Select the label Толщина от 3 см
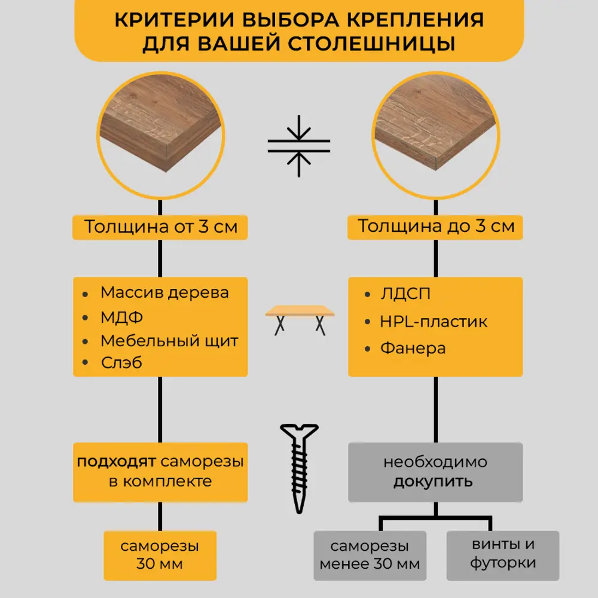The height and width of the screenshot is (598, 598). coord(160,227)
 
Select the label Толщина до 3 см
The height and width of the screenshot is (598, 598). coord(435,227)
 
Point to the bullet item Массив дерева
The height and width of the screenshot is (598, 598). coord(164,292)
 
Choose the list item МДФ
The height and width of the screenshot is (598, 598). coord(121,317)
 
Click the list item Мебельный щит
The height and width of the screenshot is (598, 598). coord(169,341)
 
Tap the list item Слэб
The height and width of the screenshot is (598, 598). coord(121,362)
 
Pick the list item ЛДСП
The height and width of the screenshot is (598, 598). coord(405,294)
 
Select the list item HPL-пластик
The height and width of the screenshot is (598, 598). coord(434,322)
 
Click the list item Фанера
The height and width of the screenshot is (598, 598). coord(413,348)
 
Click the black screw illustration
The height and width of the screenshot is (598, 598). coord(300,466)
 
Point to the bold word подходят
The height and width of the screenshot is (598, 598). coord(115,462)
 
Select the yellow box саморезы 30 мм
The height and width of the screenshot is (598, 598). coord(160,555)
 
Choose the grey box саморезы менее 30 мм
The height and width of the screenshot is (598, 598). coord(370,555)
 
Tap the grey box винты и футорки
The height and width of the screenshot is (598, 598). coord(502,554)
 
